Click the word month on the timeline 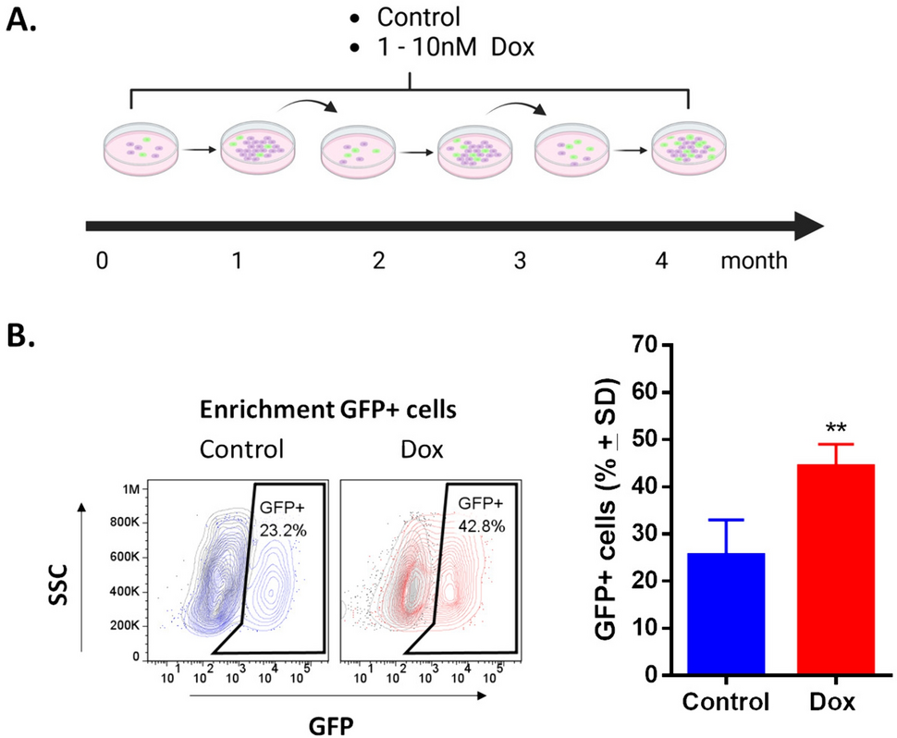pos(754,261)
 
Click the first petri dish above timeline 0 pos(135,147)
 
